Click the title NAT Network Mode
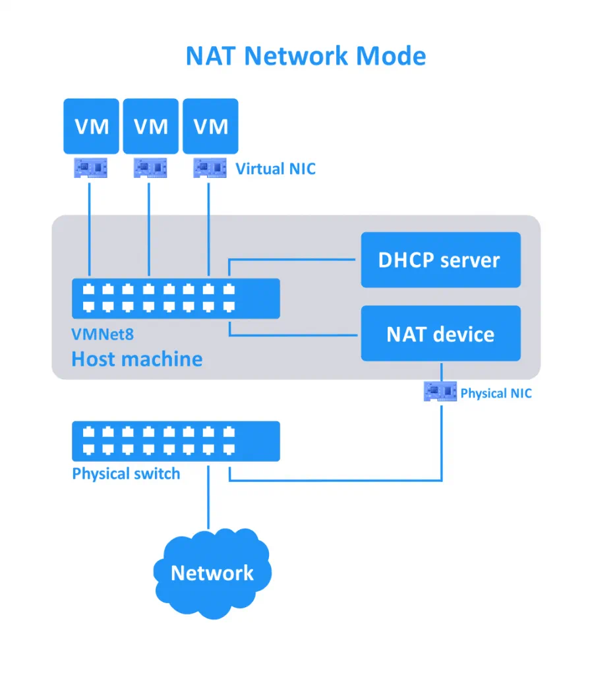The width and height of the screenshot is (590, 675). (305, 56)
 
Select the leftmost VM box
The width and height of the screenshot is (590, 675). (91, 126)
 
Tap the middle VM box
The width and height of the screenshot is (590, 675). (151, 126)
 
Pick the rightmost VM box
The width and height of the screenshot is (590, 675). (210, 126)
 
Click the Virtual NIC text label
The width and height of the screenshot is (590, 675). (276, 169)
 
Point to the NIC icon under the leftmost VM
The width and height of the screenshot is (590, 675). (90, 168)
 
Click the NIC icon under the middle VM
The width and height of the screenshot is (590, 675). (150, 168)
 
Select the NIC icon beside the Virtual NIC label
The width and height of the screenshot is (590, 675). (209, 168)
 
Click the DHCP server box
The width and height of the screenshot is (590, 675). (440, 260)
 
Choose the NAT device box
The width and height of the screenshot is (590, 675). (440, 334)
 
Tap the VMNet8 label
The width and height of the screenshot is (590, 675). (102, 334)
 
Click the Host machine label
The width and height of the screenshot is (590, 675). (136, 359)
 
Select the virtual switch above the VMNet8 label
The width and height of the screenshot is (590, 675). (175, 298)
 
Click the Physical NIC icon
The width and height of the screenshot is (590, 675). (440, 394)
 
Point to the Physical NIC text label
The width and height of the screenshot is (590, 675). (496, 394)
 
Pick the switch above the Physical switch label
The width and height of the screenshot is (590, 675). (175, 441)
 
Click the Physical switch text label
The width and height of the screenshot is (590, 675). (126, 474)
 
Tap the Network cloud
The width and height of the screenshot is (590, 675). (212, 570)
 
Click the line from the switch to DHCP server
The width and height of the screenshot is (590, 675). (293, 260)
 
